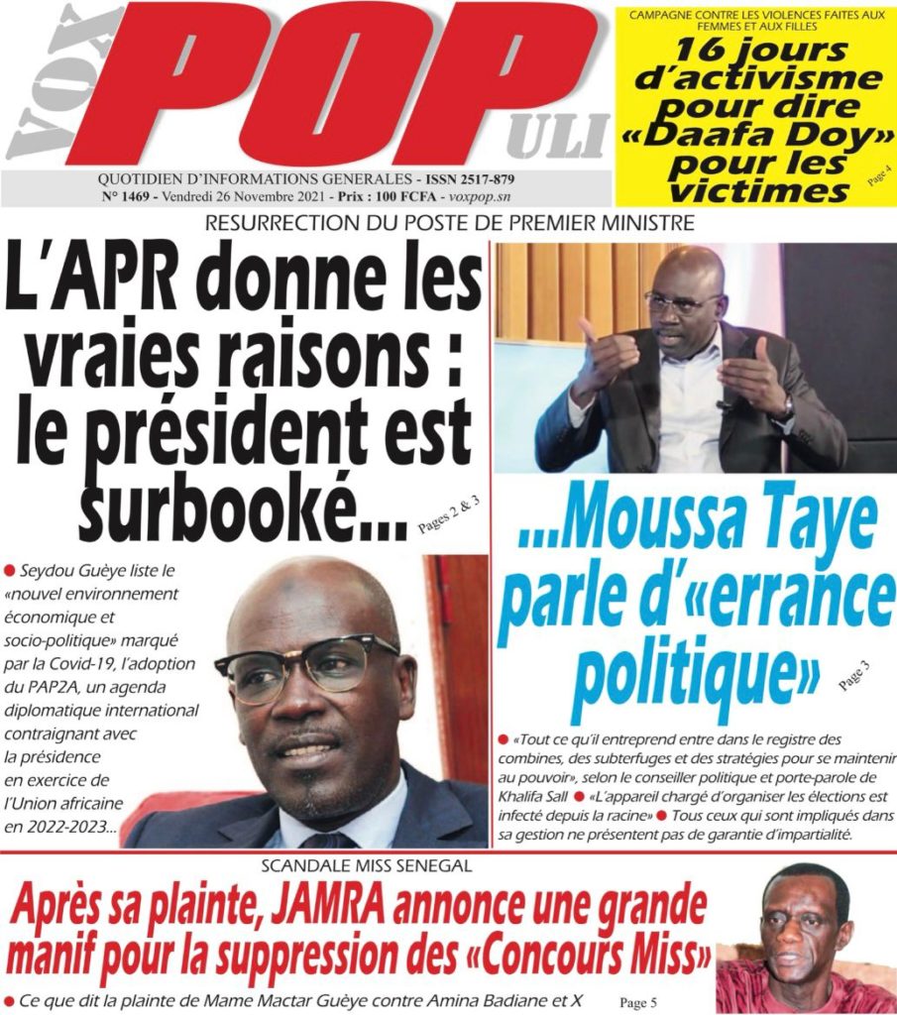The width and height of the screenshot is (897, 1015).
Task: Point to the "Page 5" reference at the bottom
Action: [x=638, y=1002]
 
